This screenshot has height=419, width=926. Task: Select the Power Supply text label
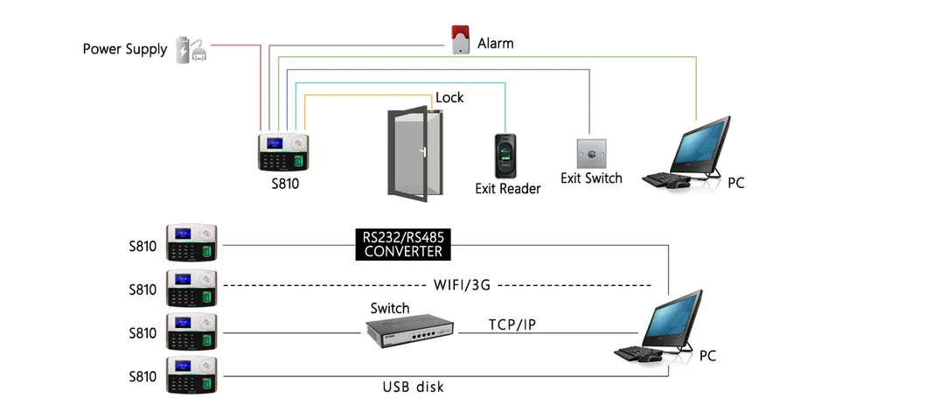click(124, 49)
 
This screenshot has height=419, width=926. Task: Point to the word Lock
click(449, 97)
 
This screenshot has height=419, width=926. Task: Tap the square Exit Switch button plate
click(590, 153)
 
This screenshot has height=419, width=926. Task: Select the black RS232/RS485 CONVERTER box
click(403, 244)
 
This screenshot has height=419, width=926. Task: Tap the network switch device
click(411, 330)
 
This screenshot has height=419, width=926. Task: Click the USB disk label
click(413, 386)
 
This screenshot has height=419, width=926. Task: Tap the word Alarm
click(495, 43)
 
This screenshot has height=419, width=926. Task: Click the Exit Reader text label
click(507, 188)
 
